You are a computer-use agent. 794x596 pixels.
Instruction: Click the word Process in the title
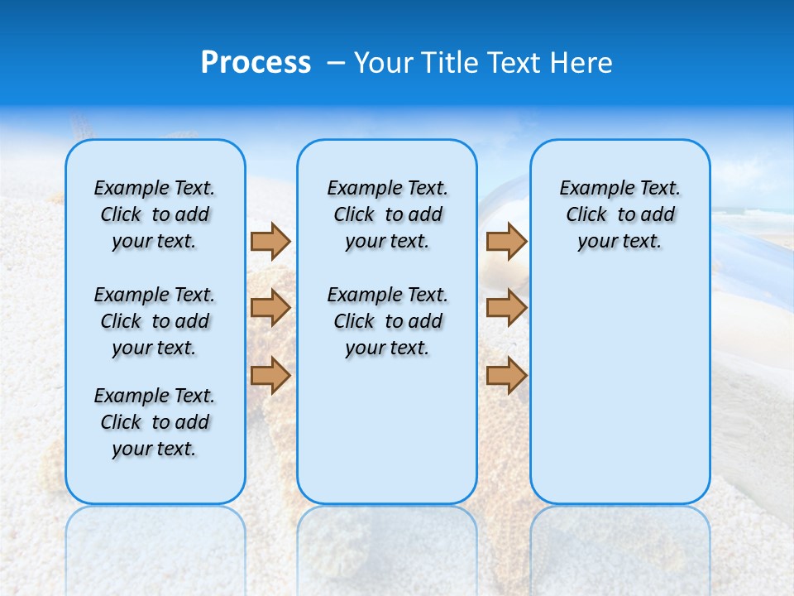[x=256, y=63]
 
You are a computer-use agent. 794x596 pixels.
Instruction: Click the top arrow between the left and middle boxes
[x=270, y=241]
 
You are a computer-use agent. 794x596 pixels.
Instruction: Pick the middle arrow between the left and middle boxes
[x=270, y=308]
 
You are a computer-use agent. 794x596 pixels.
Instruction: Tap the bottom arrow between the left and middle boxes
[x=270, y=375]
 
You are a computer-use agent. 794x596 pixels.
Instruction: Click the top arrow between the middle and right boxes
[x=506, y=241]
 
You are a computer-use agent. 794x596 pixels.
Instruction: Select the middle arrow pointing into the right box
[x=506, y=308]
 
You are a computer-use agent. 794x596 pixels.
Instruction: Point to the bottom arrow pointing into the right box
[x=506, y=375]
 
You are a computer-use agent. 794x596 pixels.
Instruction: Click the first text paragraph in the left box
[x=155, y=214]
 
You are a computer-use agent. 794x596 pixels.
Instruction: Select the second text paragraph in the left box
[x=155, y=321]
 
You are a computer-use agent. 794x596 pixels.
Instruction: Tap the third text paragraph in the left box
[x=155, y=422]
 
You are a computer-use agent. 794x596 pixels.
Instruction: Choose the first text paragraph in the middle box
[x=387, y=214]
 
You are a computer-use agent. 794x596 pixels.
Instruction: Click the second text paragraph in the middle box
[x=387, y=321]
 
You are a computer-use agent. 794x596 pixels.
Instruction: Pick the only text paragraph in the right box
[x=619, y=214]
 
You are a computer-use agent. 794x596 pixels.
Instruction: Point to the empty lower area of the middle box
[x=387, y=430]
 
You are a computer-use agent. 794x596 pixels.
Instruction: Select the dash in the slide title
[x=336, y=63]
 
